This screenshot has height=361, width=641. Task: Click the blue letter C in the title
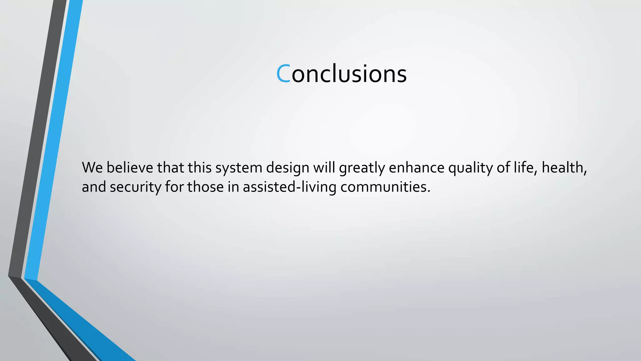(283, 74)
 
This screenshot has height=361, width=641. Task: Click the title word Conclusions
(341, 74)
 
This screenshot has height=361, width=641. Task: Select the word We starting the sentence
(92, 168)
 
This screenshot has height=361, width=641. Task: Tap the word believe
(130, 168)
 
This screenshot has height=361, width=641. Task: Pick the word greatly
(362, 168)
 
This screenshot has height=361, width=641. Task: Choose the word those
(205, 187)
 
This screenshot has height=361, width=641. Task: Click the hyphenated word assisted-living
(289, 187)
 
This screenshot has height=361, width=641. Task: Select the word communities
(385, 187)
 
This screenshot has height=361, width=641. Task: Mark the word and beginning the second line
(94, 187)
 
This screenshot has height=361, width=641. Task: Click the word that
(170, 168)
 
